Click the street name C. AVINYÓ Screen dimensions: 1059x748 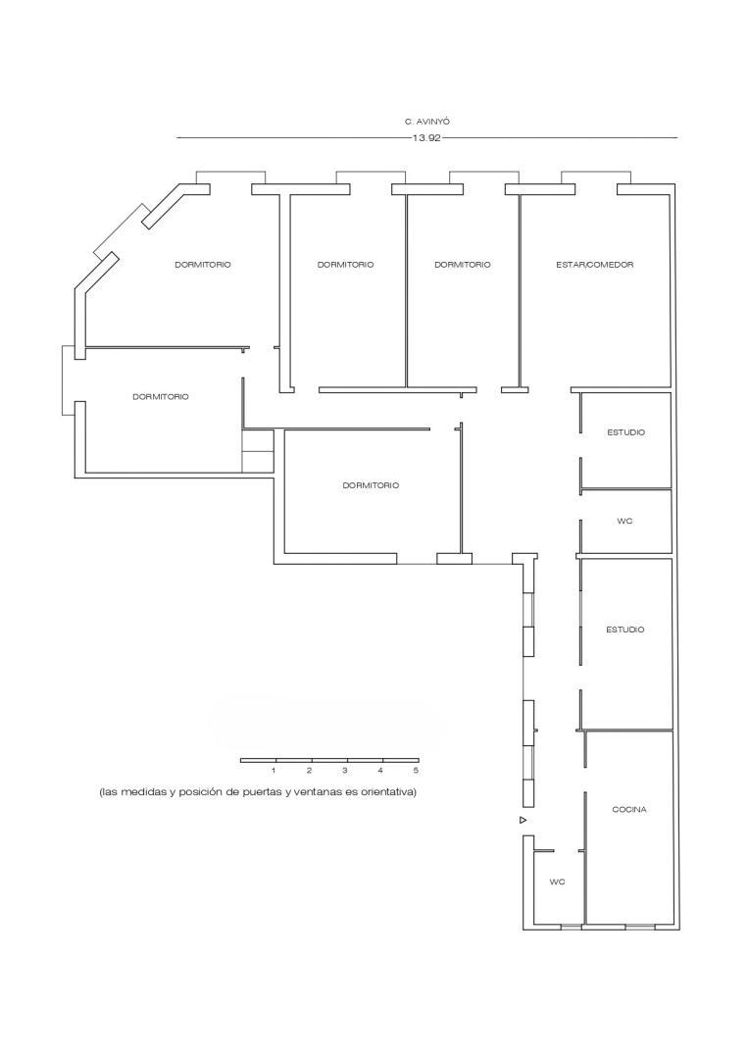point(426,122)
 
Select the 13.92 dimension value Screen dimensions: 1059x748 point(426,138)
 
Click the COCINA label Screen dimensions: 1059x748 point(628,810)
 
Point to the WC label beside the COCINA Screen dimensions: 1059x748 point(557,882)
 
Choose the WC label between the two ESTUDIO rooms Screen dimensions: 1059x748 point(624,522)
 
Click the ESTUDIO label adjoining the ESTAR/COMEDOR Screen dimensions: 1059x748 point(625,432)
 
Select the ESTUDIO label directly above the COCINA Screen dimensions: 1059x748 point(624,630)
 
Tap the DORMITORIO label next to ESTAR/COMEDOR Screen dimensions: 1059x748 point(462,265)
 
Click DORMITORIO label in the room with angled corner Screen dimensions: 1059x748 point(203,265)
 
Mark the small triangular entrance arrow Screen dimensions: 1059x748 point(524,820)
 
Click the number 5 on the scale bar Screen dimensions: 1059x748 point(416,771)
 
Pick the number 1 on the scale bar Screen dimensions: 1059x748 point(274,771)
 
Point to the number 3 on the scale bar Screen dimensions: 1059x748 point(345,771)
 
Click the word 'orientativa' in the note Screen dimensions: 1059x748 point(389,792)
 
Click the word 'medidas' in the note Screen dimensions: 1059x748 point(143,792)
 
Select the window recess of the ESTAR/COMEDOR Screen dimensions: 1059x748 point(595,177)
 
